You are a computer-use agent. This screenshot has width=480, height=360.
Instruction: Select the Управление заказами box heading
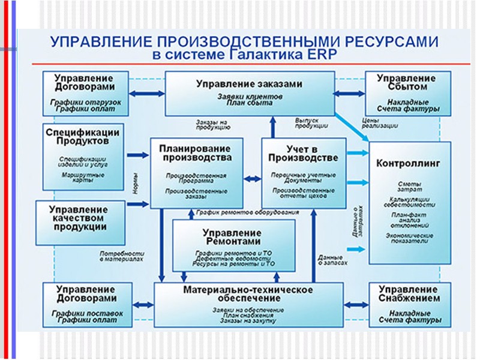(x=250, y=84)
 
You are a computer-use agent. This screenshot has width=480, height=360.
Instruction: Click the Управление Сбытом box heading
(x=408, y=83)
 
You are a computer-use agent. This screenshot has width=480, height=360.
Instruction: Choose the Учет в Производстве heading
(x=304, y=153)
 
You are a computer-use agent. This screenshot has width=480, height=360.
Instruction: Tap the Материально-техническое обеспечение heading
(x=248, y=295)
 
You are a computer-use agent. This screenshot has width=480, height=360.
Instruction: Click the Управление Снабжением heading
(x=409, y=294)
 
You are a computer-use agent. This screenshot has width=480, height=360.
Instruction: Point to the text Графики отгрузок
(x=86, y=102)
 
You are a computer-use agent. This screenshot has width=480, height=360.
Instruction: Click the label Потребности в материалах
(x=122, y=256)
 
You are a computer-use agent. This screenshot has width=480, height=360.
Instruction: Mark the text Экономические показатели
(x=409, y=238)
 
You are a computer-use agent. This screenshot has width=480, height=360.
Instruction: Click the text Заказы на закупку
(x=248, y=321)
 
